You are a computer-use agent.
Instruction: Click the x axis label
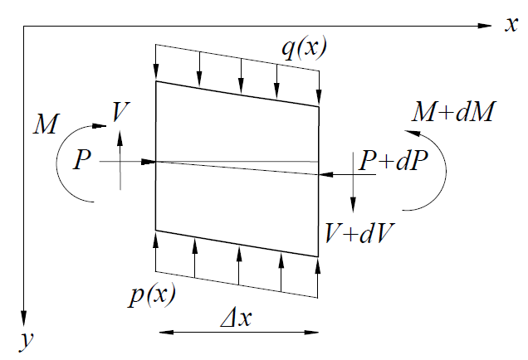pos(511,25)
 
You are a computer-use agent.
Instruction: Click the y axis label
pos(27,340)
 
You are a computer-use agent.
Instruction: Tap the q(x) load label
pos(304,48)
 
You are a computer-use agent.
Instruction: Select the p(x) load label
pos(152,295)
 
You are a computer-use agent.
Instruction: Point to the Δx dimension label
pos(236,317)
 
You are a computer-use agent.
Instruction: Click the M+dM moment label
pos(453,112)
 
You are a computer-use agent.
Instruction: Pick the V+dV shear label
pos(359,233)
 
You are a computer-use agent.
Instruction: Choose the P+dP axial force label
pos(394,160)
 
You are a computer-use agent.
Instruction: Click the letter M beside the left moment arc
pos(46,124)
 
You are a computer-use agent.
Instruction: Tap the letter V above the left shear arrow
pos(120,111)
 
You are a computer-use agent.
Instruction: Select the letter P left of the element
pos(82,159)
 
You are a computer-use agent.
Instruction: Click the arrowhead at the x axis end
pos(485,26)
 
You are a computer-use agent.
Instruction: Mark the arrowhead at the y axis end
pos(23,319)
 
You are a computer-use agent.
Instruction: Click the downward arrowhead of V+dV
pos(353,205)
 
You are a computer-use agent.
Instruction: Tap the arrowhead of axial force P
pos(148,162)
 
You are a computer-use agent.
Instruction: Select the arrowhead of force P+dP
pos(326,175)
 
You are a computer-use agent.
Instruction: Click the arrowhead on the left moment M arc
pos(100,126)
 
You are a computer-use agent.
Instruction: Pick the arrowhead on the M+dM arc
pos(412,134)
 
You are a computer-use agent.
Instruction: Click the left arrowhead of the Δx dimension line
pos(166,333)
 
